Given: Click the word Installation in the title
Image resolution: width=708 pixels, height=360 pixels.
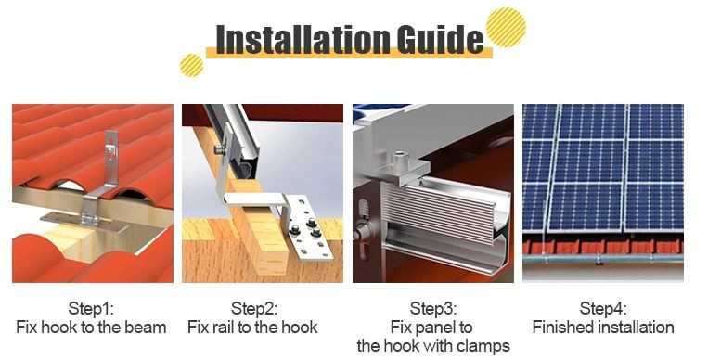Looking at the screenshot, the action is click(x=303, y=39).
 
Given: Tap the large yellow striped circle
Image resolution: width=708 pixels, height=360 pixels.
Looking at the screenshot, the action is click(x=506, y=27).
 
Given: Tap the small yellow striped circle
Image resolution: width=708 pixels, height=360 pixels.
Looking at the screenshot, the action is click(x=191, y=65).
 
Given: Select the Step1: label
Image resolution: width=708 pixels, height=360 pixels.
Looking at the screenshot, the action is click(x=91, y=309).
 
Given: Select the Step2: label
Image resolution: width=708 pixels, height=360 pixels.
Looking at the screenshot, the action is click(x=253, y=309).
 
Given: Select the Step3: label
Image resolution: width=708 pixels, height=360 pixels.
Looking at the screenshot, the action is click(x=433, y=309).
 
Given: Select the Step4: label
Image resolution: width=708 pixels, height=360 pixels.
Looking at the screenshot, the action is click(x=603, y=309).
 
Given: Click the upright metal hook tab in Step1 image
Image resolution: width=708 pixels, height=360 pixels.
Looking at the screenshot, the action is click(x=110, y=152).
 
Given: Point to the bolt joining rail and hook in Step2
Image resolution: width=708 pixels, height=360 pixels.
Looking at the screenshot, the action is click(x=220, y=148).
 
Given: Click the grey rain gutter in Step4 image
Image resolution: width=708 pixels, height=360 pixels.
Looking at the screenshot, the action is click(x=603, y=259).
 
